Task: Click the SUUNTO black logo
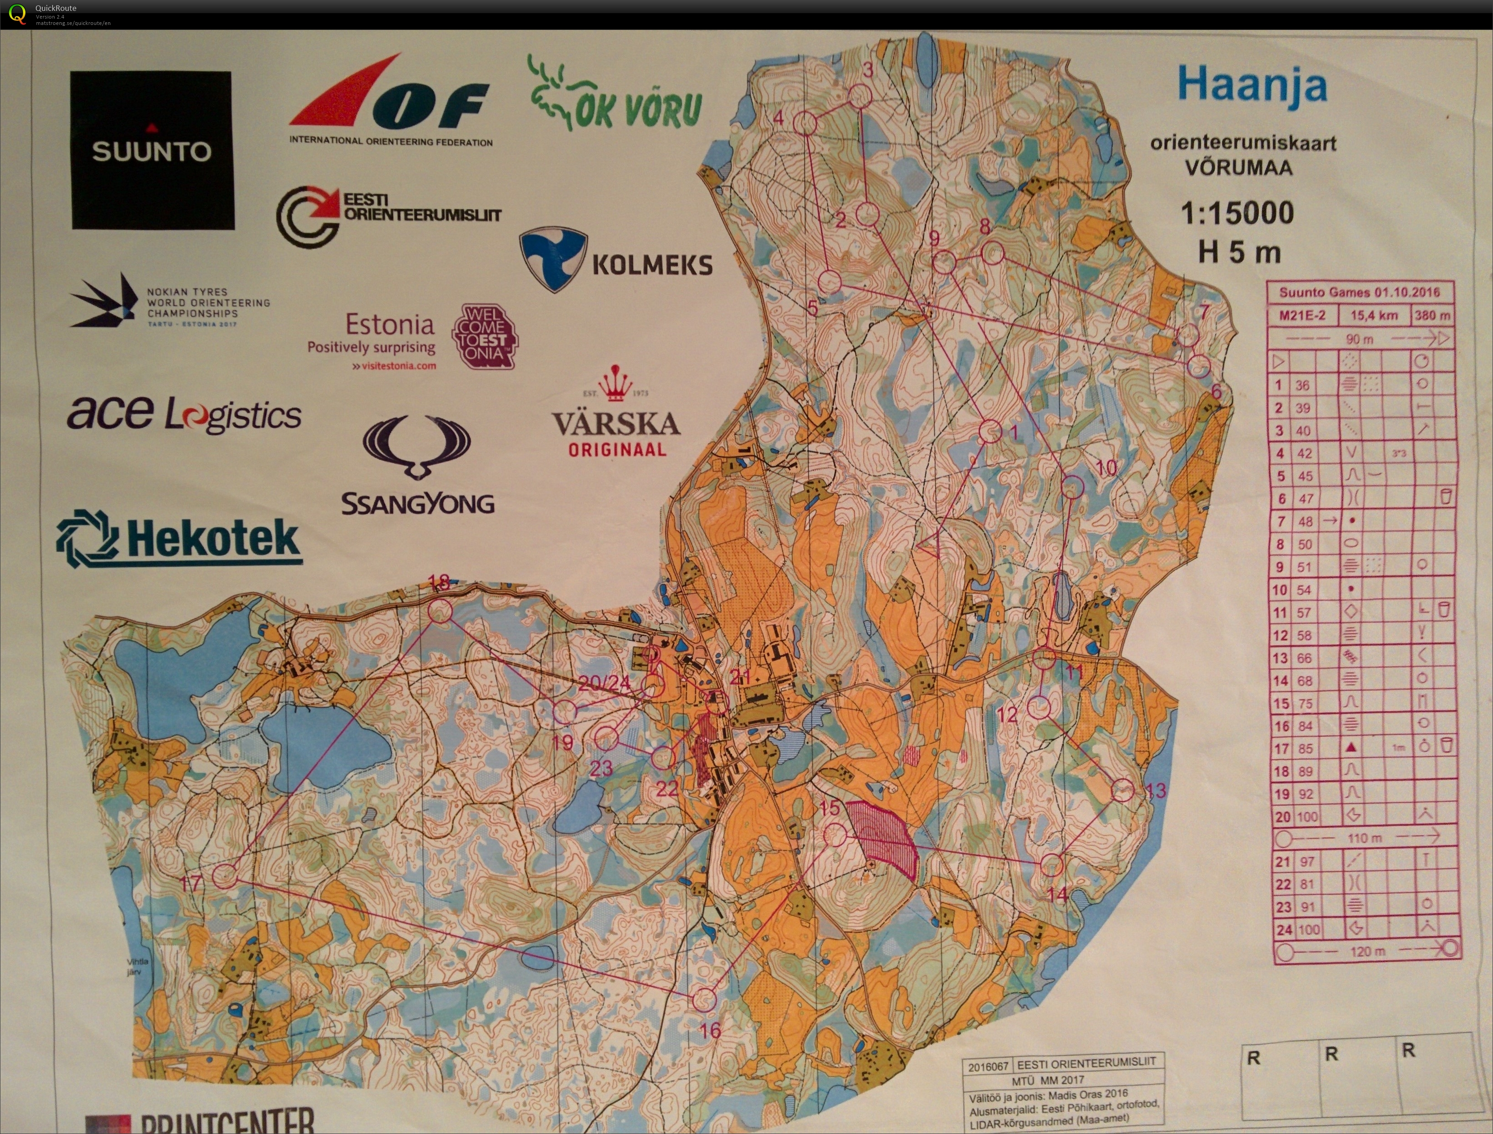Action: tap(152, 151)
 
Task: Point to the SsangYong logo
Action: tap(417, 466)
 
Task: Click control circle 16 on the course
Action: tap(704, 999)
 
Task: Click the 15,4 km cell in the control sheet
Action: tap(1373, 315)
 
